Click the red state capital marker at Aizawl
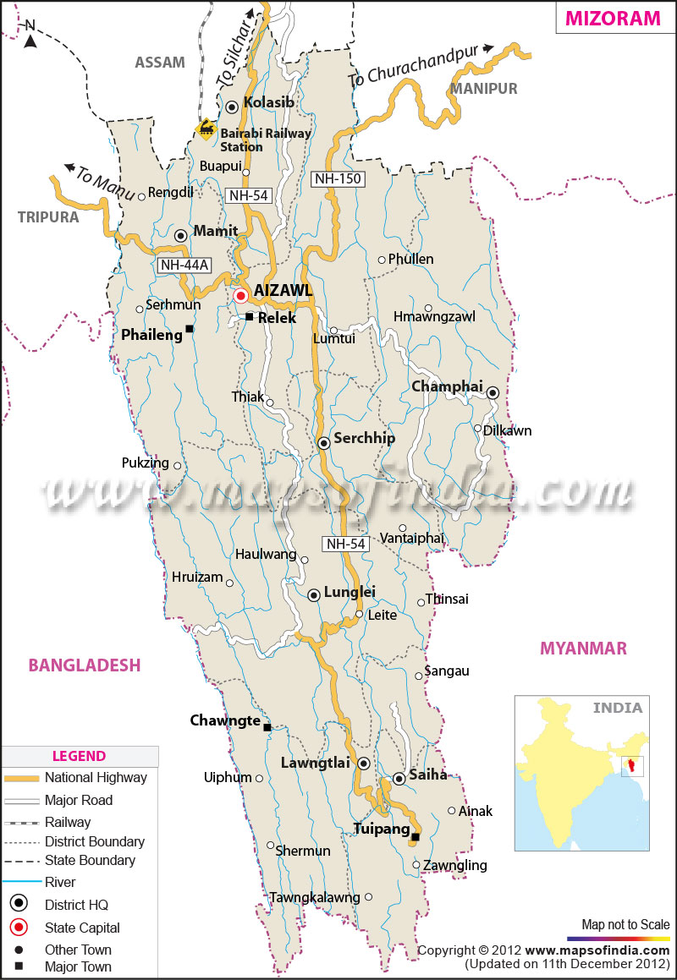pos(240,296)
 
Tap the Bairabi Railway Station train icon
pos(205,129)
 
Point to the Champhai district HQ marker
pos(493,392)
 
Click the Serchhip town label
pos(364,439)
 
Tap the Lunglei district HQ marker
pos(314,595)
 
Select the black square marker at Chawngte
pos(267,727)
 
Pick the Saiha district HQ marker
pos(399,780)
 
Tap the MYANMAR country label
pos(584,649)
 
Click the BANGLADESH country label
pos(84,665)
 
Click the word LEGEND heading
pos(79,756)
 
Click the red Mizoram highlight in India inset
pos(630,767)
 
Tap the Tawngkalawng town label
pos(315,897)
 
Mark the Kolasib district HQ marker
pos(232,107)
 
